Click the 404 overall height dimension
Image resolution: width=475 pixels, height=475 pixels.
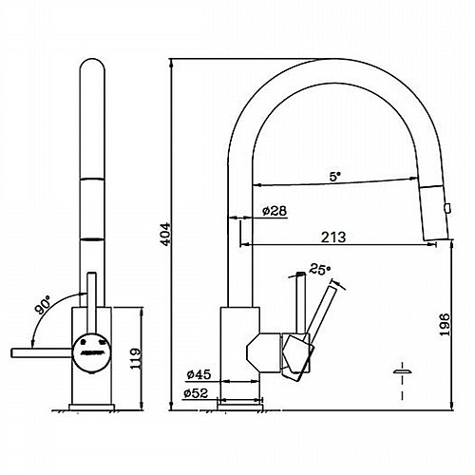(x=165, y=234)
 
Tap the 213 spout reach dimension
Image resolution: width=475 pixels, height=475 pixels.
(x=333, y=237)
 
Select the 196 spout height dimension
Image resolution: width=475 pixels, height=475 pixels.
(x=445, y=325)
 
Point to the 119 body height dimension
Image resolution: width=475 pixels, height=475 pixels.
(x=136, y=358)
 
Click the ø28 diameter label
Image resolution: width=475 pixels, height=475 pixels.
(x=275, y=211)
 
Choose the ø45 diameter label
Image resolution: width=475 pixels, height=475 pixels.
(x=199, y=375)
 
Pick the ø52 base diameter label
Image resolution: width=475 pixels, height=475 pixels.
(x=196, y=393)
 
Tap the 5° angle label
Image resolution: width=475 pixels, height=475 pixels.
(x=334, y=177)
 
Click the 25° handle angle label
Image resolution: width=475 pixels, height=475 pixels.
(x=319, y=270)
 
